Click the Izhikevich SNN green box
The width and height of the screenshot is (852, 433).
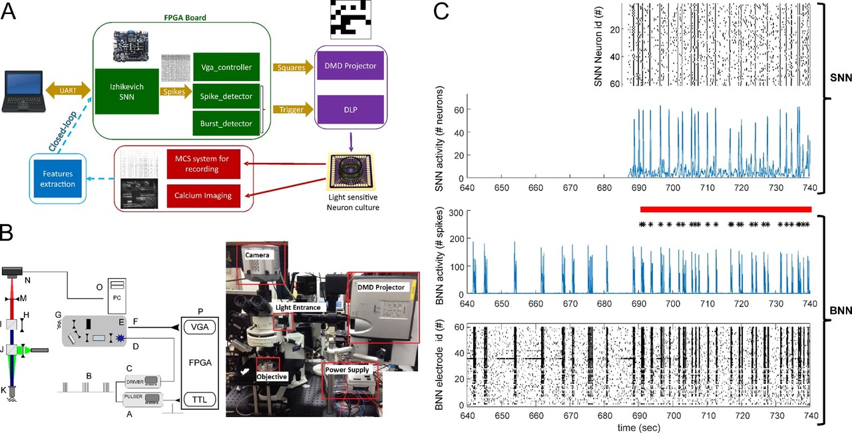click(x=126, y=96)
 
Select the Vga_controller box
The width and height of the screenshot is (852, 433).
click(x=226, y=67)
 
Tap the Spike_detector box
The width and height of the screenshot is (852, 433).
click(x=226, y=96)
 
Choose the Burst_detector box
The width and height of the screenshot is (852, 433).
click(x=226, y=123)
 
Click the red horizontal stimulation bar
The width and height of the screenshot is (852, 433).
click(x=726, y=210)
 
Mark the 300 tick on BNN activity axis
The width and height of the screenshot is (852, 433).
click(x=456, y=213)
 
